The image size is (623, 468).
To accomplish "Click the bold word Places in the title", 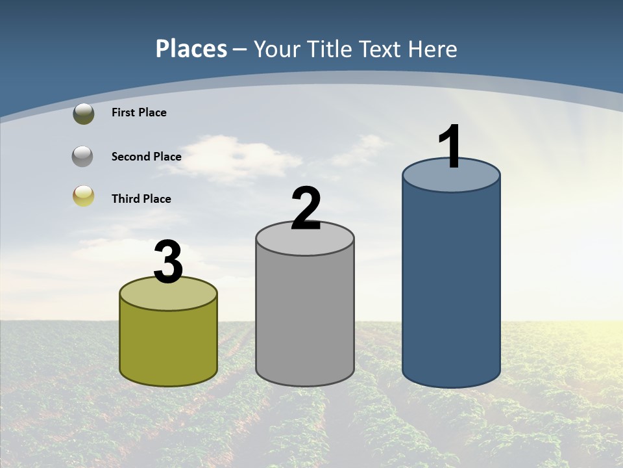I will (x=191, y=49).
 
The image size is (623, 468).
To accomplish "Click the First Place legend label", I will (x=139, y=112).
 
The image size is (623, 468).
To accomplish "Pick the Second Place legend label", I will (x=146, y=157).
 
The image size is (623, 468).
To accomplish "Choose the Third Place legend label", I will (x=141, y=199).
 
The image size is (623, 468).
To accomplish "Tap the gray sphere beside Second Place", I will (x=82, y=157).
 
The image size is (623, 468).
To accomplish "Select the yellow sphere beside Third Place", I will (x=84, y=196).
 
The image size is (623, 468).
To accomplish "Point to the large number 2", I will (x=306, y=209).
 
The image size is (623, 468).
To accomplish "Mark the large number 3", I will (x=168, y=262).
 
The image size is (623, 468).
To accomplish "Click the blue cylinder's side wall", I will (x=451, y=286).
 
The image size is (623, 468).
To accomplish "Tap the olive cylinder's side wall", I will (x=168, y=344).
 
